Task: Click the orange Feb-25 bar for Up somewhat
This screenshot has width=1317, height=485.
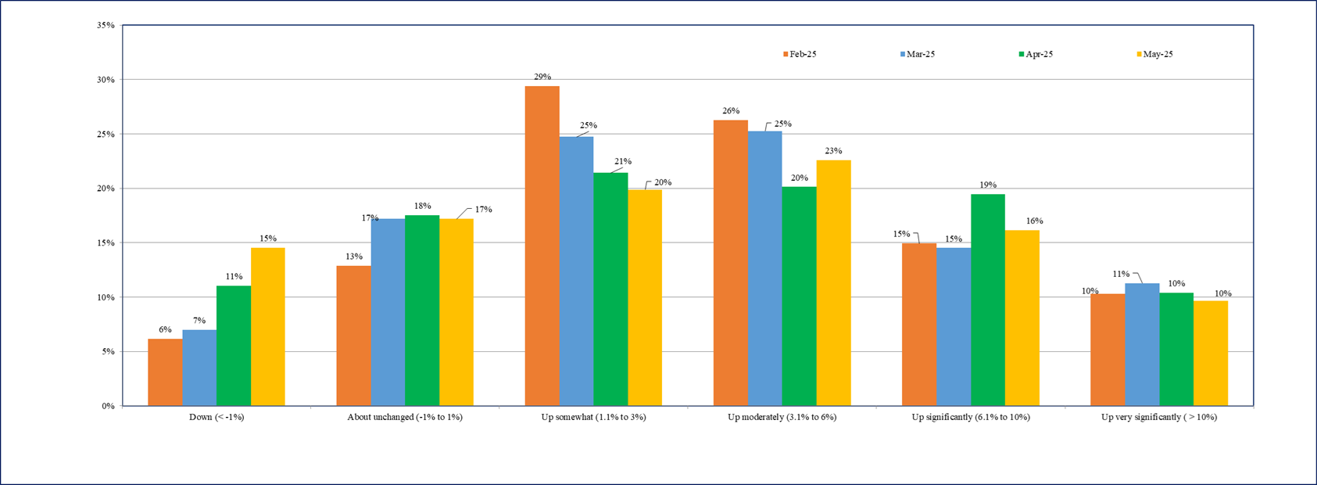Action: tap(542, 246)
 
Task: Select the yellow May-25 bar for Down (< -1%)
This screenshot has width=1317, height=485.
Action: tap(268, 327)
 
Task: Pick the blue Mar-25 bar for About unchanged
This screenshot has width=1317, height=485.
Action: tap(388, 312)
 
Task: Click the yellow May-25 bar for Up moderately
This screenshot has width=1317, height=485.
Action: tap(833, 283)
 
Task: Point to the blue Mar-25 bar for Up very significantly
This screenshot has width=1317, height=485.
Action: tap(1142, 344)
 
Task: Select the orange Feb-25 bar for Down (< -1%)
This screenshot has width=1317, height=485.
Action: tap(165, 372)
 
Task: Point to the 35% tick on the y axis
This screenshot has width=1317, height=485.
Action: tap(106, 25)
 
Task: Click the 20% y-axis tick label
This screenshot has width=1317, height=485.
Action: tap(106, 189)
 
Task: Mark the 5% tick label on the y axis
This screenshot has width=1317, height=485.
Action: tap(108, 352)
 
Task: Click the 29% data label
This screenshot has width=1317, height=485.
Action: tap(542, 77)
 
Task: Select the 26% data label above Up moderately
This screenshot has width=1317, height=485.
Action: tap(731, 111)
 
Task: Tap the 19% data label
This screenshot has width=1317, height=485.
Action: tap(988, 185)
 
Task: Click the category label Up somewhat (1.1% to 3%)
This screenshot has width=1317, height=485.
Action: tap(593, 417)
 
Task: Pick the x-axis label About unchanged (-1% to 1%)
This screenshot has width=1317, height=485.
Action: tap(405, 417)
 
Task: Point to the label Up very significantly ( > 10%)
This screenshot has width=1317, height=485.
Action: tap(1159, 417)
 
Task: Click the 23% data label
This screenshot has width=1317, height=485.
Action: tap(833, 151)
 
